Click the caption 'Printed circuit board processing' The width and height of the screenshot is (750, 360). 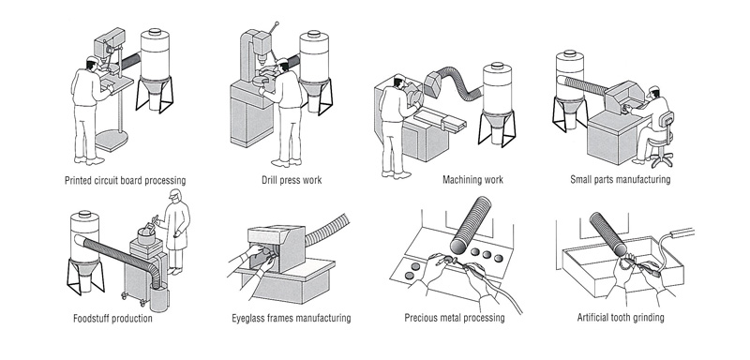click(x=126, y=181)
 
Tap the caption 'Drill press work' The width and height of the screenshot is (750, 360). click(x=292, y=180)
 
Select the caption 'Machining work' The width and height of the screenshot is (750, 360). click(x=472, y=180)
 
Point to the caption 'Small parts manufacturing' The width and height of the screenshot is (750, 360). click(x=620, y=180)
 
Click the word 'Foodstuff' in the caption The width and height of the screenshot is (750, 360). click(x=91, y=319)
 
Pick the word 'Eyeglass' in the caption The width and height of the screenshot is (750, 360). click(x=248, y=319)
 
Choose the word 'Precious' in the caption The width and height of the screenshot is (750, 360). click(x=421, y=318)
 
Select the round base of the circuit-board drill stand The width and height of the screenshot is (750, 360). click(x=112, y=141)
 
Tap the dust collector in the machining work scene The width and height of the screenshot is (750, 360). click(x=497, y=104)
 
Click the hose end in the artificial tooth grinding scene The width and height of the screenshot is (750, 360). click(x=620, y=248)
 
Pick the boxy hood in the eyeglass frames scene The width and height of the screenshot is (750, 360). click(x=277, y=247)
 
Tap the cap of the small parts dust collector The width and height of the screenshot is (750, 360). click(x=569, y=54)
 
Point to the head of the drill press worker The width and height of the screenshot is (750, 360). click(x=282, y=65)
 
